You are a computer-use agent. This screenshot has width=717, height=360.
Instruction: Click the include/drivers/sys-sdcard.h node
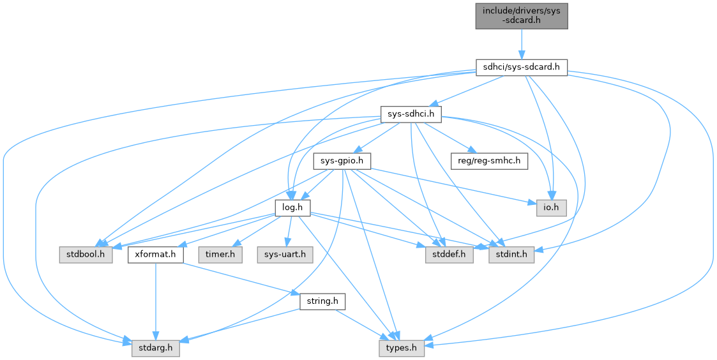coord(521,15)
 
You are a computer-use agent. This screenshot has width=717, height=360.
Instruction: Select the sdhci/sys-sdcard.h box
coord(521,67)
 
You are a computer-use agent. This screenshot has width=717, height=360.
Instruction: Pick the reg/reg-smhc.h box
coord(489,161)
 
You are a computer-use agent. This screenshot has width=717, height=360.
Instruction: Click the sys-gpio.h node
coord(342,161)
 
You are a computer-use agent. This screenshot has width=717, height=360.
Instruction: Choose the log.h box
coord(292,207)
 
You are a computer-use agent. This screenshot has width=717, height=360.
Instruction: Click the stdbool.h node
coord(86,255)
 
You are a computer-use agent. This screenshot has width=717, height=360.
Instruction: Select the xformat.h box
coord(156,255)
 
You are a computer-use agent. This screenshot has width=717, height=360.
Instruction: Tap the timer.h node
coord(220,255)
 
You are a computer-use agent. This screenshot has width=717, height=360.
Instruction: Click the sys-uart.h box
coord(285,255)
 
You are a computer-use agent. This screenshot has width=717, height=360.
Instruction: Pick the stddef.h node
coord(448,255)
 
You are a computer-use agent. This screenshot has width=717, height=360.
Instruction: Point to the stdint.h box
coord(511,255)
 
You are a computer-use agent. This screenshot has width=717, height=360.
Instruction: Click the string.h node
coord(322,301)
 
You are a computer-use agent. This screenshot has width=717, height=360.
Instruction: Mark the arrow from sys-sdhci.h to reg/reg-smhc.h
coord(453,139)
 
